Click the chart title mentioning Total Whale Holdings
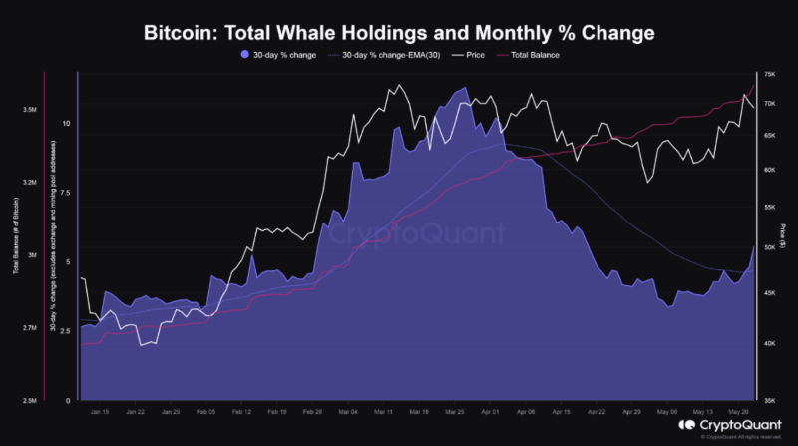click(x=399, y=33)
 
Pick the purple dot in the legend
click(x=245, y=55)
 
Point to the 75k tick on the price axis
click(x=769, y=75)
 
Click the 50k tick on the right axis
click(x=769, y=247)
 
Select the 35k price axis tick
click(x=769, y=399)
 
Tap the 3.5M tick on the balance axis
click(x=29, y=110)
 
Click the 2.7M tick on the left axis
click(x=29, y=328)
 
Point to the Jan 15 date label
click(x=99, y=411)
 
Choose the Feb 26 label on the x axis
click(x=313, y=411)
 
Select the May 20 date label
click(x=739, y=411)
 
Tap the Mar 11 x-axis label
click(x=384, y=411)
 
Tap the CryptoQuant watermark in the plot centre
click(x=416, y=236)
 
